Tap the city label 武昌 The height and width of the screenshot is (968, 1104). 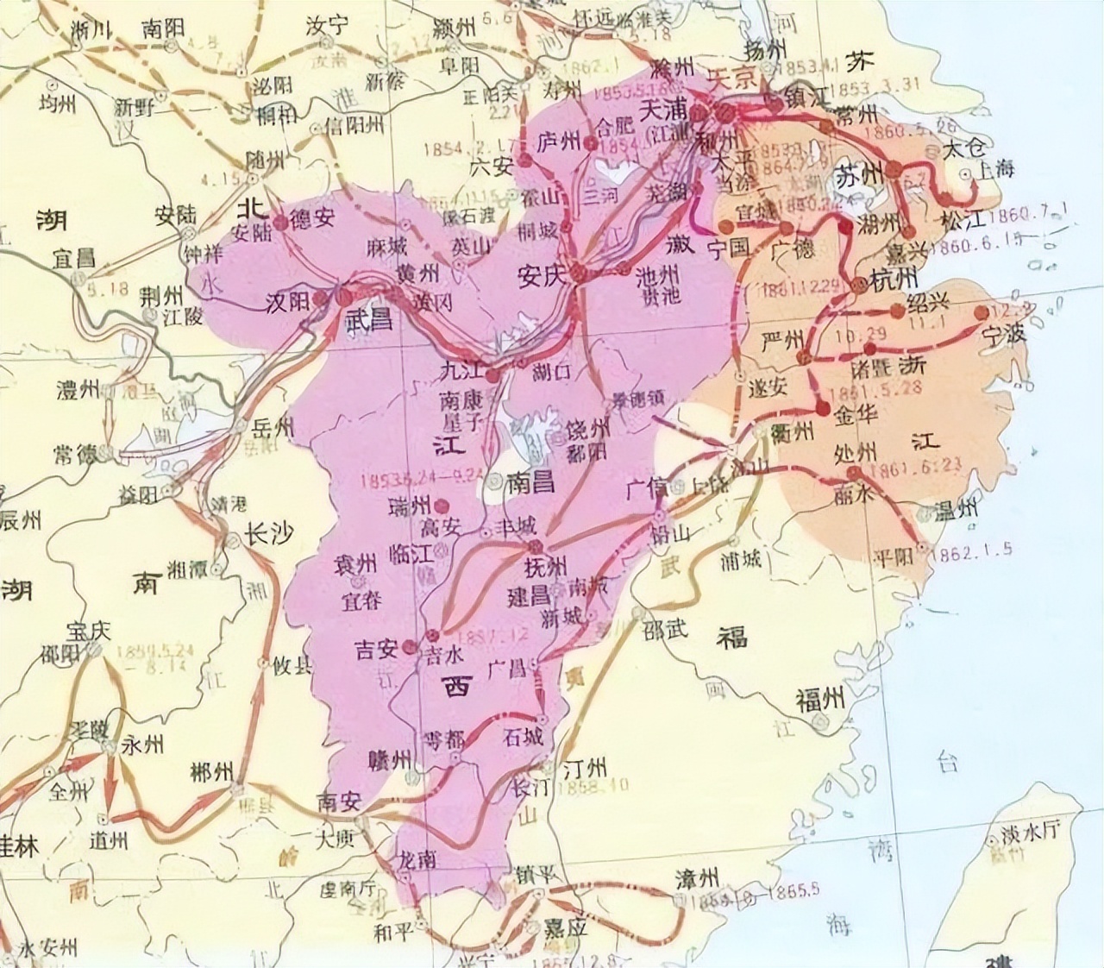(368, 320)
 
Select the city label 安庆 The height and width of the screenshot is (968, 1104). (541, 275)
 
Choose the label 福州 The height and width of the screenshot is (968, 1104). (819, 700)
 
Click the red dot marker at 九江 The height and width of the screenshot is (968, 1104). (492, 377)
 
